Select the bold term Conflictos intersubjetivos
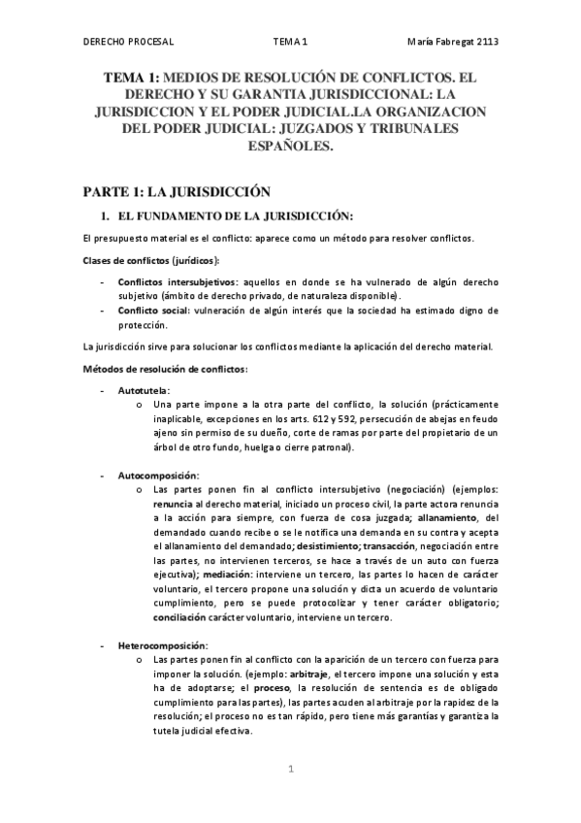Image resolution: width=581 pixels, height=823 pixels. [169, 282]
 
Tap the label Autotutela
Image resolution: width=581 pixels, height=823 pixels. [144, 389]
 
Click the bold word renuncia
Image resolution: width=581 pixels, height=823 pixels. [173, 505]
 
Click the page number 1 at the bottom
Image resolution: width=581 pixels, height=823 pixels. [290, 769]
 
